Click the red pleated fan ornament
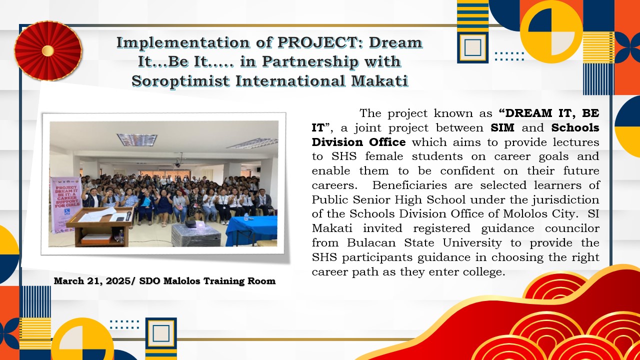pyautogui.click(x=48, y=50)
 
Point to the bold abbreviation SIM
pyautogui.click(x=502, y=127)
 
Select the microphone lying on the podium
pyautogui.click(x=128, y=215)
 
